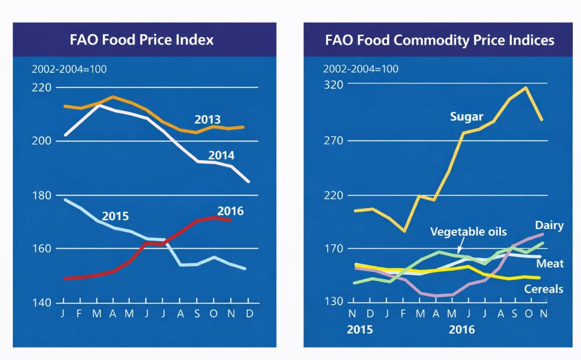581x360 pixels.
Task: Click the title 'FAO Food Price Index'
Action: pyautogui.click(x=141, y=39)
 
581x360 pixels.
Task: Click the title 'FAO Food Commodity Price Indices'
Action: pyautogui.click(x=440, y=39)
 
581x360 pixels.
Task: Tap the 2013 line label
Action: pyautogui.click(x=207, y=119)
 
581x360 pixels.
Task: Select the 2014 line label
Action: pyautogui.click(x=221, y=156)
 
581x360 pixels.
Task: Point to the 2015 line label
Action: pyautogui.click(x=115, y=216)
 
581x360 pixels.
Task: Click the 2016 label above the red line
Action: pyautogui.click(x=230, y=211)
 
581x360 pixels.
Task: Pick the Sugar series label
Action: pyautogui.click(x=467, y=117)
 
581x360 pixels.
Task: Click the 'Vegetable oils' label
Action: pyautogui.click(x=468, y=232)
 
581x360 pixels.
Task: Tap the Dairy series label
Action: pyautogui.click(x=549, y=225)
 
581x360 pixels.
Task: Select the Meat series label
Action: pyautogui.click(x=550, y=263)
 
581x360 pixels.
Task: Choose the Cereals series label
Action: pyautogui.click(x=544, y=289)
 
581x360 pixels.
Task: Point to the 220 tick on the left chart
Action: pyautogui.click(x=42, y=88)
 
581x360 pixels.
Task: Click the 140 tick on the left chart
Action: pyautogui.click(x=42, y=303)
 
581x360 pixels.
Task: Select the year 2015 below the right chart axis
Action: pyautogui.click(x=360, y=330)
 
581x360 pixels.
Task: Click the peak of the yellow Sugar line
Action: pyautogui.click(x=526, y=88)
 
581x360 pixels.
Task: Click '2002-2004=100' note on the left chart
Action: pyautogui.click(x=69, y=69)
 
